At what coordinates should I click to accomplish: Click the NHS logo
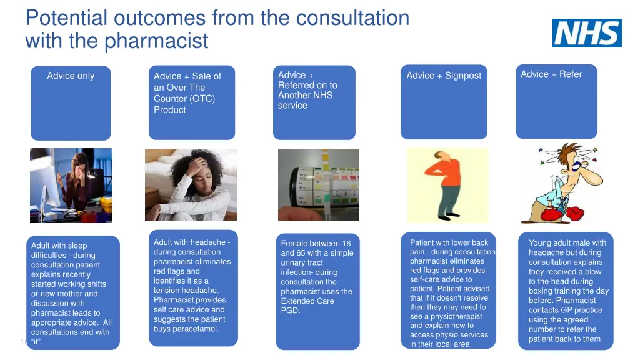[587, 33]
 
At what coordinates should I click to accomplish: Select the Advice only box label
[71, 76]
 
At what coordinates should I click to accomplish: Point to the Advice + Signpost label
[444, 76]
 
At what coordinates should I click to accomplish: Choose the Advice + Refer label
[551, 74]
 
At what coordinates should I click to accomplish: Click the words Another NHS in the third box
[305, 95]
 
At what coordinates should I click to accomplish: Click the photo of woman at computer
[71, 185]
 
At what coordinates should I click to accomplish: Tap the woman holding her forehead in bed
[191, 184]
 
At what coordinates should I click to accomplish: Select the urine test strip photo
[318, 184]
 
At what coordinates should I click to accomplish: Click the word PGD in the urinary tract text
[291, 311]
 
